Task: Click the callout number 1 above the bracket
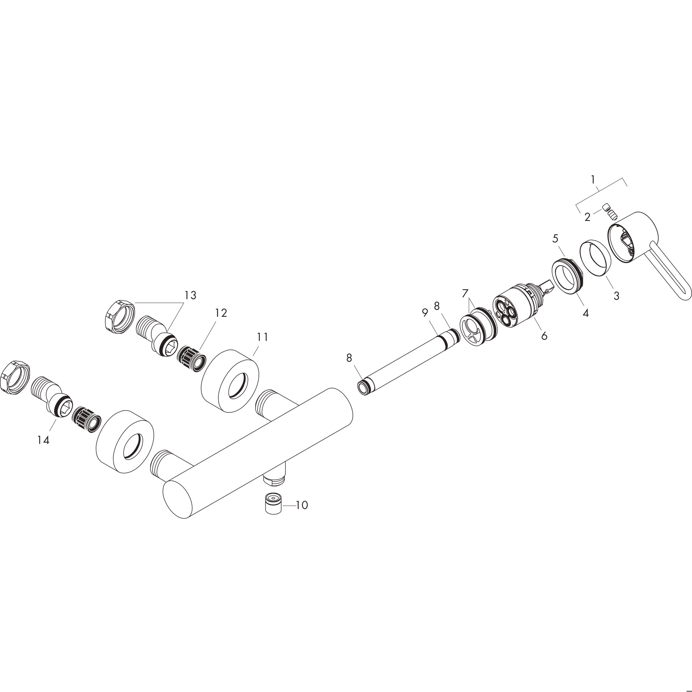593,179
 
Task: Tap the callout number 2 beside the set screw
587,217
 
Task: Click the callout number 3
616,296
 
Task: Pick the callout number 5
555,238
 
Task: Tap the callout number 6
544,336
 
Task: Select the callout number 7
465,294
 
